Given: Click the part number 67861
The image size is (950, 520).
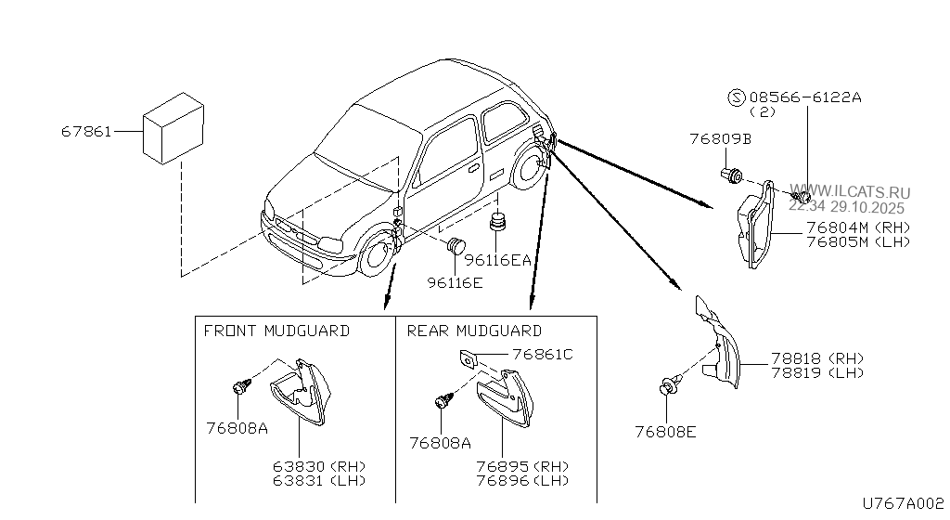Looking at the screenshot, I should point(86,132).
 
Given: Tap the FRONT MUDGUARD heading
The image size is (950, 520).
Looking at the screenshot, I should point(276,331).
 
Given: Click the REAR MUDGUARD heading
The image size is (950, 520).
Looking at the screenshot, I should point(474,331).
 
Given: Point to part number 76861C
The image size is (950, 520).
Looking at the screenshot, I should point(543,354).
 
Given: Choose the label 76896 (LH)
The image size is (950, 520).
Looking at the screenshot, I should point(522,480).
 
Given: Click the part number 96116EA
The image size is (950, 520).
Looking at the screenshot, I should point(498,261).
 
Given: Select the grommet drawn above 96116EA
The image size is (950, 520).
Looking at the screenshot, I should point(500,225).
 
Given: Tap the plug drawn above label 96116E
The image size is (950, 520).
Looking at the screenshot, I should point(456,247).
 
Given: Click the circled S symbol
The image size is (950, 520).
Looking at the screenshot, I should point(736,97).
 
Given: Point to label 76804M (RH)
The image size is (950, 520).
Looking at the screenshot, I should point(858,227).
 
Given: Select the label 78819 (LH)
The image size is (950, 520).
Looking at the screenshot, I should point(816,373).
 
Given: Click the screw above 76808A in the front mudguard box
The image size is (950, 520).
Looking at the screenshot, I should point(238,385).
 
